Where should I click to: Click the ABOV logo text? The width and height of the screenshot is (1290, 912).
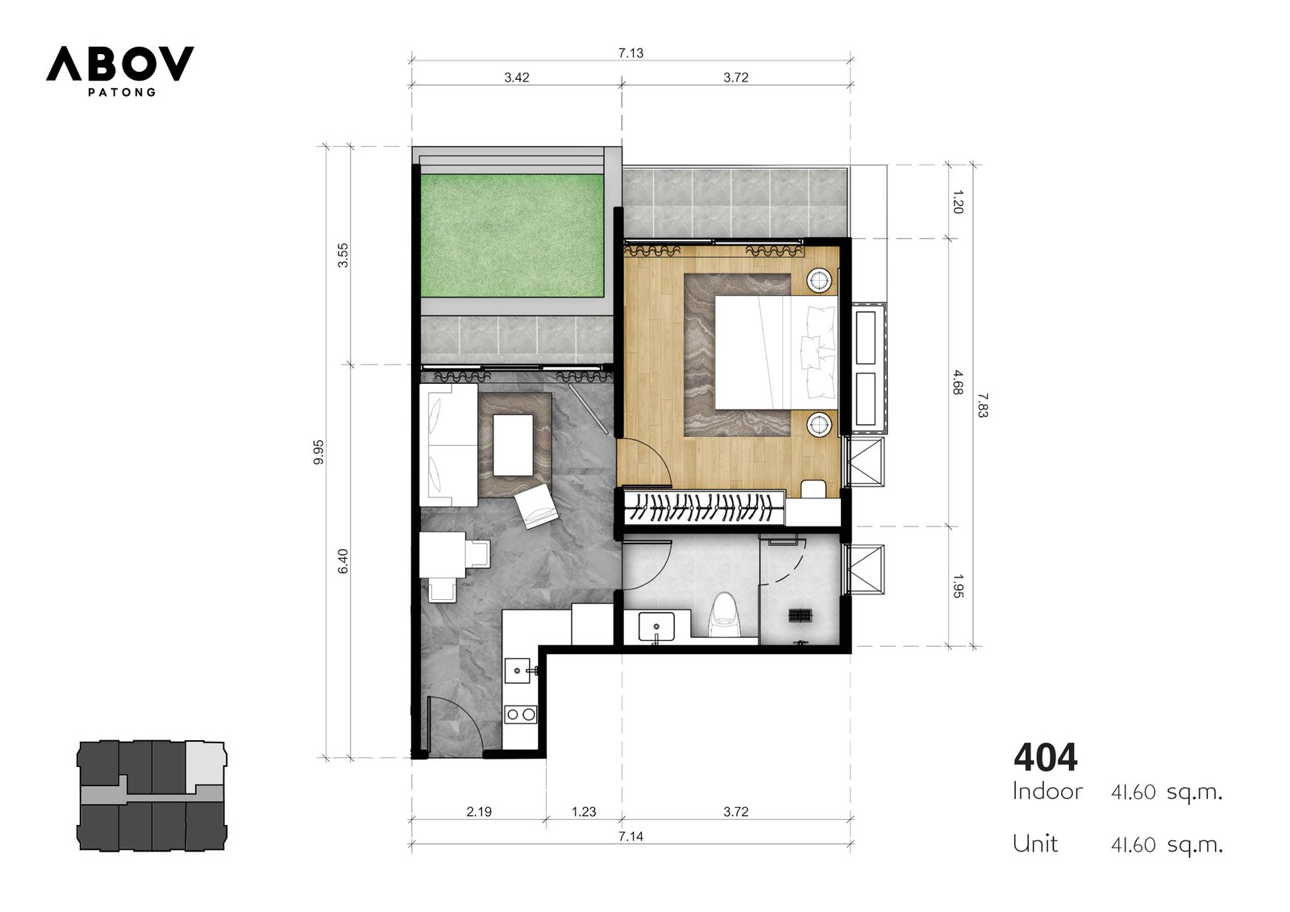coord(120,64)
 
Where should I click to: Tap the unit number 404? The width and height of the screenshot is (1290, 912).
coord(1045,757)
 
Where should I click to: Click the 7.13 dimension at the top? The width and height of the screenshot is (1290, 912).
coord(630,53)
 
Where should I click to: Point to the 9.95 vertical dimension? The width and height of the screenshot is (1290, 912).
coord(318,452)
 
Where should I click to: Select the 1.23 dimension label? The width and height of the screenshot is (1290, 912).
coord(584,812)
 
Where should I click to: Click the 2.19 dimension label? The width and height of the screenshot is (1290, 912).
coord(479,812)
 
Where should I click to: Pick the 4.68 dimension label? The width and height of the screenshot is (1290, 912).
coord(958,382)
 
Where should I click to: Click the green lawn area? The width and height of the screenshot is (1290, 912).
coord(512,235)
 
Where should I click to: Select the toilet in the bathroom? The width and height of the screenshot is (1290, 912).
coord(723,615)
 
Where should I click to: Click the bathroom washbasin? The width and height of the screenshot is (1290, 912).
coord(656,627)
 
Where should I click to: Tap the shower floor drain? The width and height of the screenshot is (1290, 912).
coord(800,615)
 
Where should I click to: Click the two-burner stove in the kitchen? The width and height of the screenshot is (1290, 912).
coord(521,715)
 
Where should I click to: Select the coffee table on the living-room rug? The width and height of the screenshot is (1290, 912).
coord(513,445)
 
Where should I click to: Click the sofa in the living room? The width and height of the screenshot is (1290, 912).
coord(448,445)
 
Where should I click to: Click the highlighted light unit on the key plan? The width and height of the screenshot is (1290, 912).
coord(206,764)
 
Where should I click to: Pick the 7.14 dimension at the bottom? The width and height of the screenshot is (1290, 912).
coord(630,836)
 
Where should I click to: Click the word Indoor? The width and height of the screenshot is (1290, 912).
coord(1047,792)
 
